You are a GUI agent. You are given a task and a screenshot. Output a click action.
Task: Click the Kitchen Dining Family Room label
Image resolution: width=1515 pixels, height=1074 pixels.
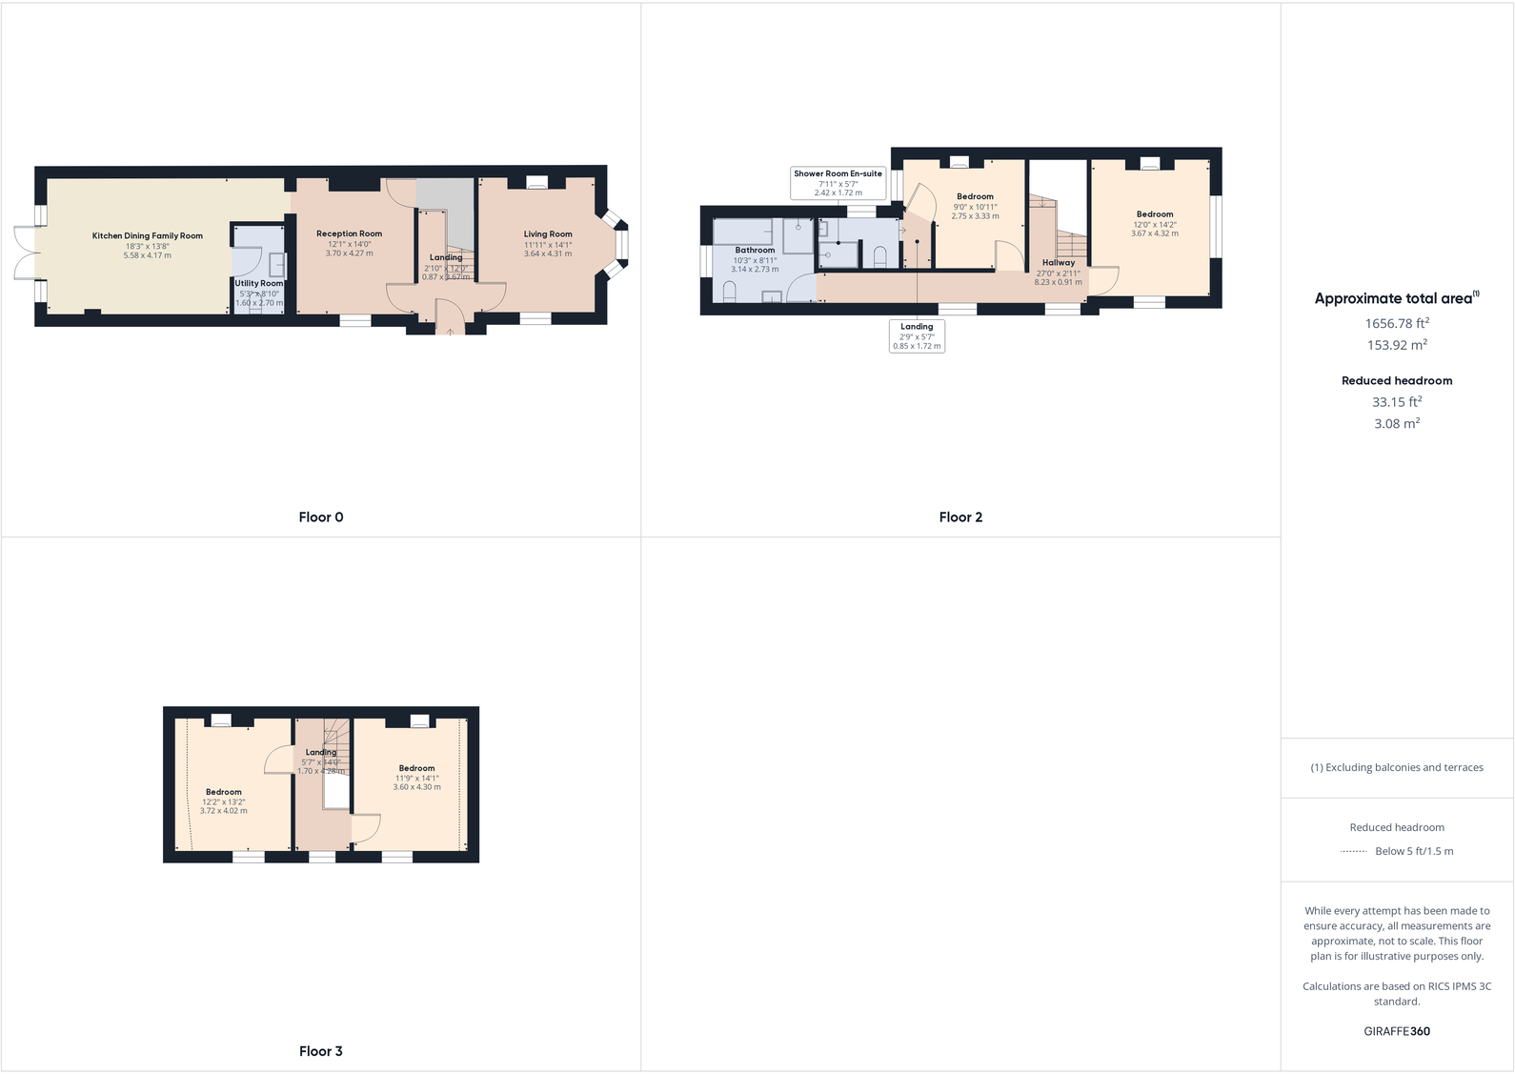point(148,236)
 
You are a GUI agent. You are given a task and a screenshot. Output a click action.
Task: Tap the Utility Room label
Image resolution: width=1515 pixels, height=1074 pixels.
point(259,283)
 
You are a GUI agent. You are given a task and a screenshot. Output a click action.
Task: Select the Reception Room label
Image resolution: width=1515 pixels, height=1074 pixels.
point(349,233)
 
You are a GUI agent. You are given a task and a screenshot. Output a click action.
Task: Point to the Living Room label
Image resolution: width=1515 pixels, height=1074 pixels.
point(548,234)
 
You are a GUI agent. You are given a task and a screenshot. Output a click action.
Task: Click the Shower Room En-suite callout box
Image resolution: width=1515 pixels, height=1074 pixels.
point(838,183)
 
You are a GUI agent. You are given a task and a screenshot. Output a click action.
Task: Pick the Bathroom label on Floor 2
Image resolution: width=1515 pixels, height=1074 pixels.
point(755,251)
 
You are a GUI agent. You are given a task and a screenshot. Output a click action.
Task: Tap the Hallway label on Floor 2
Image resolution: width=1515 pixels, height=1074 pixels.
point(1058,263)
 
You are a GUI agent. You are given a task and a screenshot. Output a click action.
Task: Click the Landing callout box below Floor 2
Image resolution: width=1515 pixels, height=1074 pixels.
point(917,336)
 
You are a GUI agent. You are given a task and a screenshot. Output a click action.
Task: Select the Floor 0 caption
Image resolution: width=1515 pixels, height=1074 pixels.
point(321,517)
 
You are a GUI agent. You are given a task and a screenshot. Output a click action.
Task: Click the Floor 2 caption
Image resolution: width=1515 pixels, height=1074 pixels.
point(960,517)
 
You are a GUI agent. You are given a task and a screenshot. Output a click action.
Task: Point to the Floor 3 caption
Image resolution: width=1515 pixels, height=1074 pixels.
point(321,1051)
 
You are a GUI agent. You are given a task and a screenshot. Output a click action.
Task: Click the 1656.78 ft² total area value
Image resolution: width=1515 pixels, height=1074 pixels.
point(1397,324)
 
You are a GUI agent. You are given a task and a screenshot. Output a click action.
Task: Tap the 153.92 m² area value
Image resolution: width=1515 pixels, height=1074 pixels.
point(1397,346)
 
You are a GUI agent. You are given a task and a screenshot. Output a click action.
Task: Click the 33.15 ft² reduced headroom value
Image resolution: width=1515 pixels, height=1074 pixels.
point(1397,402)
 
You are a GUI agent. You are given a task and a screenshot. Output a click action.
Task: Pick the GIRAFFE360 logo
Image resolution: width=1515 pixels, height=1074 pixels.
point(1397,1031)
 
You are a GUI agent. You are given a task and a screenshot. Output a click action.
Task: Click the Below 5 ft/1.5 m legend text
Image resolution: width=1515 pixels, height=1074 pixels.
point(1414,851)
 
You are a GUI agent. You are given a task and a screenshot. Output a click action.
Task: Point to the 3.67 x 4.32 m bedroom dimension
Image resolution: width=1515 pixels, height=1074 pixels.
point(1155,233)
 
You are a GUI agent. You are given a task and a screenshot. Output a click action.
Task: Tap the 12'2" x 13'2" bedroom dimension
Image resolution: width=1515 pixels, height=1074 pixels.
point(224,802)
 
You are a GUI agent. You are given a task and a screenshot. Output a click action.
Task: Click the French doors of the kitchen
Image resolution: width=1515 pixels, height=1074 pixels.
point(26,253)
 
